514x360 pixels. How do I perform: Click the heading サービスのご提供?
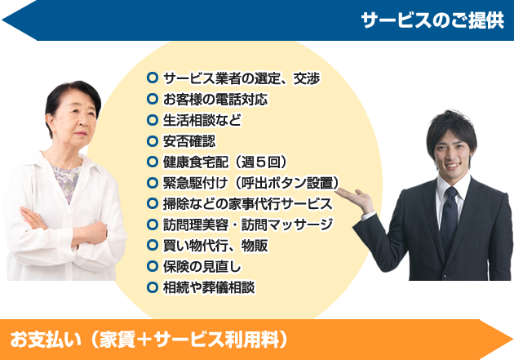click(432, 21)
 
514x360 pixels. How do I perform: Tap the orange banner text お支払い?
click(45, 340)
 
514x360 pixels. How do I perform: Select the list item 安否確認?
click(189, 141)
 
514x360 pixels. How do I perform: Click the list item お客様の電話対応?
click(215, 100)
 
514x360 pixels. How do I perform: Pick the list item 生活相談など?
click(202, 120)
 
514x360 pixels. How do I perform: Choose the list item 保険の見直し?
click(202, 267)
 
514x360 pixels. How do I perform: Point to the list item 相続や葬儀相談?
click(209, 287)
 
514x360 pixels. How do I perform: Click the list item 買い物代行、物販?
click(215, 246)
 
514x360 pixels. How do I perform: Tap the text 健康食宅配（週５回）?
click(226, 162)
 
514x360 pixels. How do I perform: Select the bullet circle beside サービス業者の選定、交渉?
click(153, 78)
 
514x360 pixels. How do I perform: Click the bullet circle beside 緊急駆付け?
click(153, 183)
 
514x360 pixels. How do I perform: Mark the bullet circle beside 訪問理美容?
click(153, 224)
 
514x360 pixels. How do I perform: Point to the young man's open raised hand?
click(354, 196)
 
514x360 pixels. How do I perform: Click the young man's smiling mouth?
click(452, 165)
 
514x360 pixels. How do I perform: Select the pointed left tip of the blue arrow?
click(2, 20)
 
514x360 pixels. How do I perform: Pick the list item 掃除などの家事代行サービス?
click(248, 203)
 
